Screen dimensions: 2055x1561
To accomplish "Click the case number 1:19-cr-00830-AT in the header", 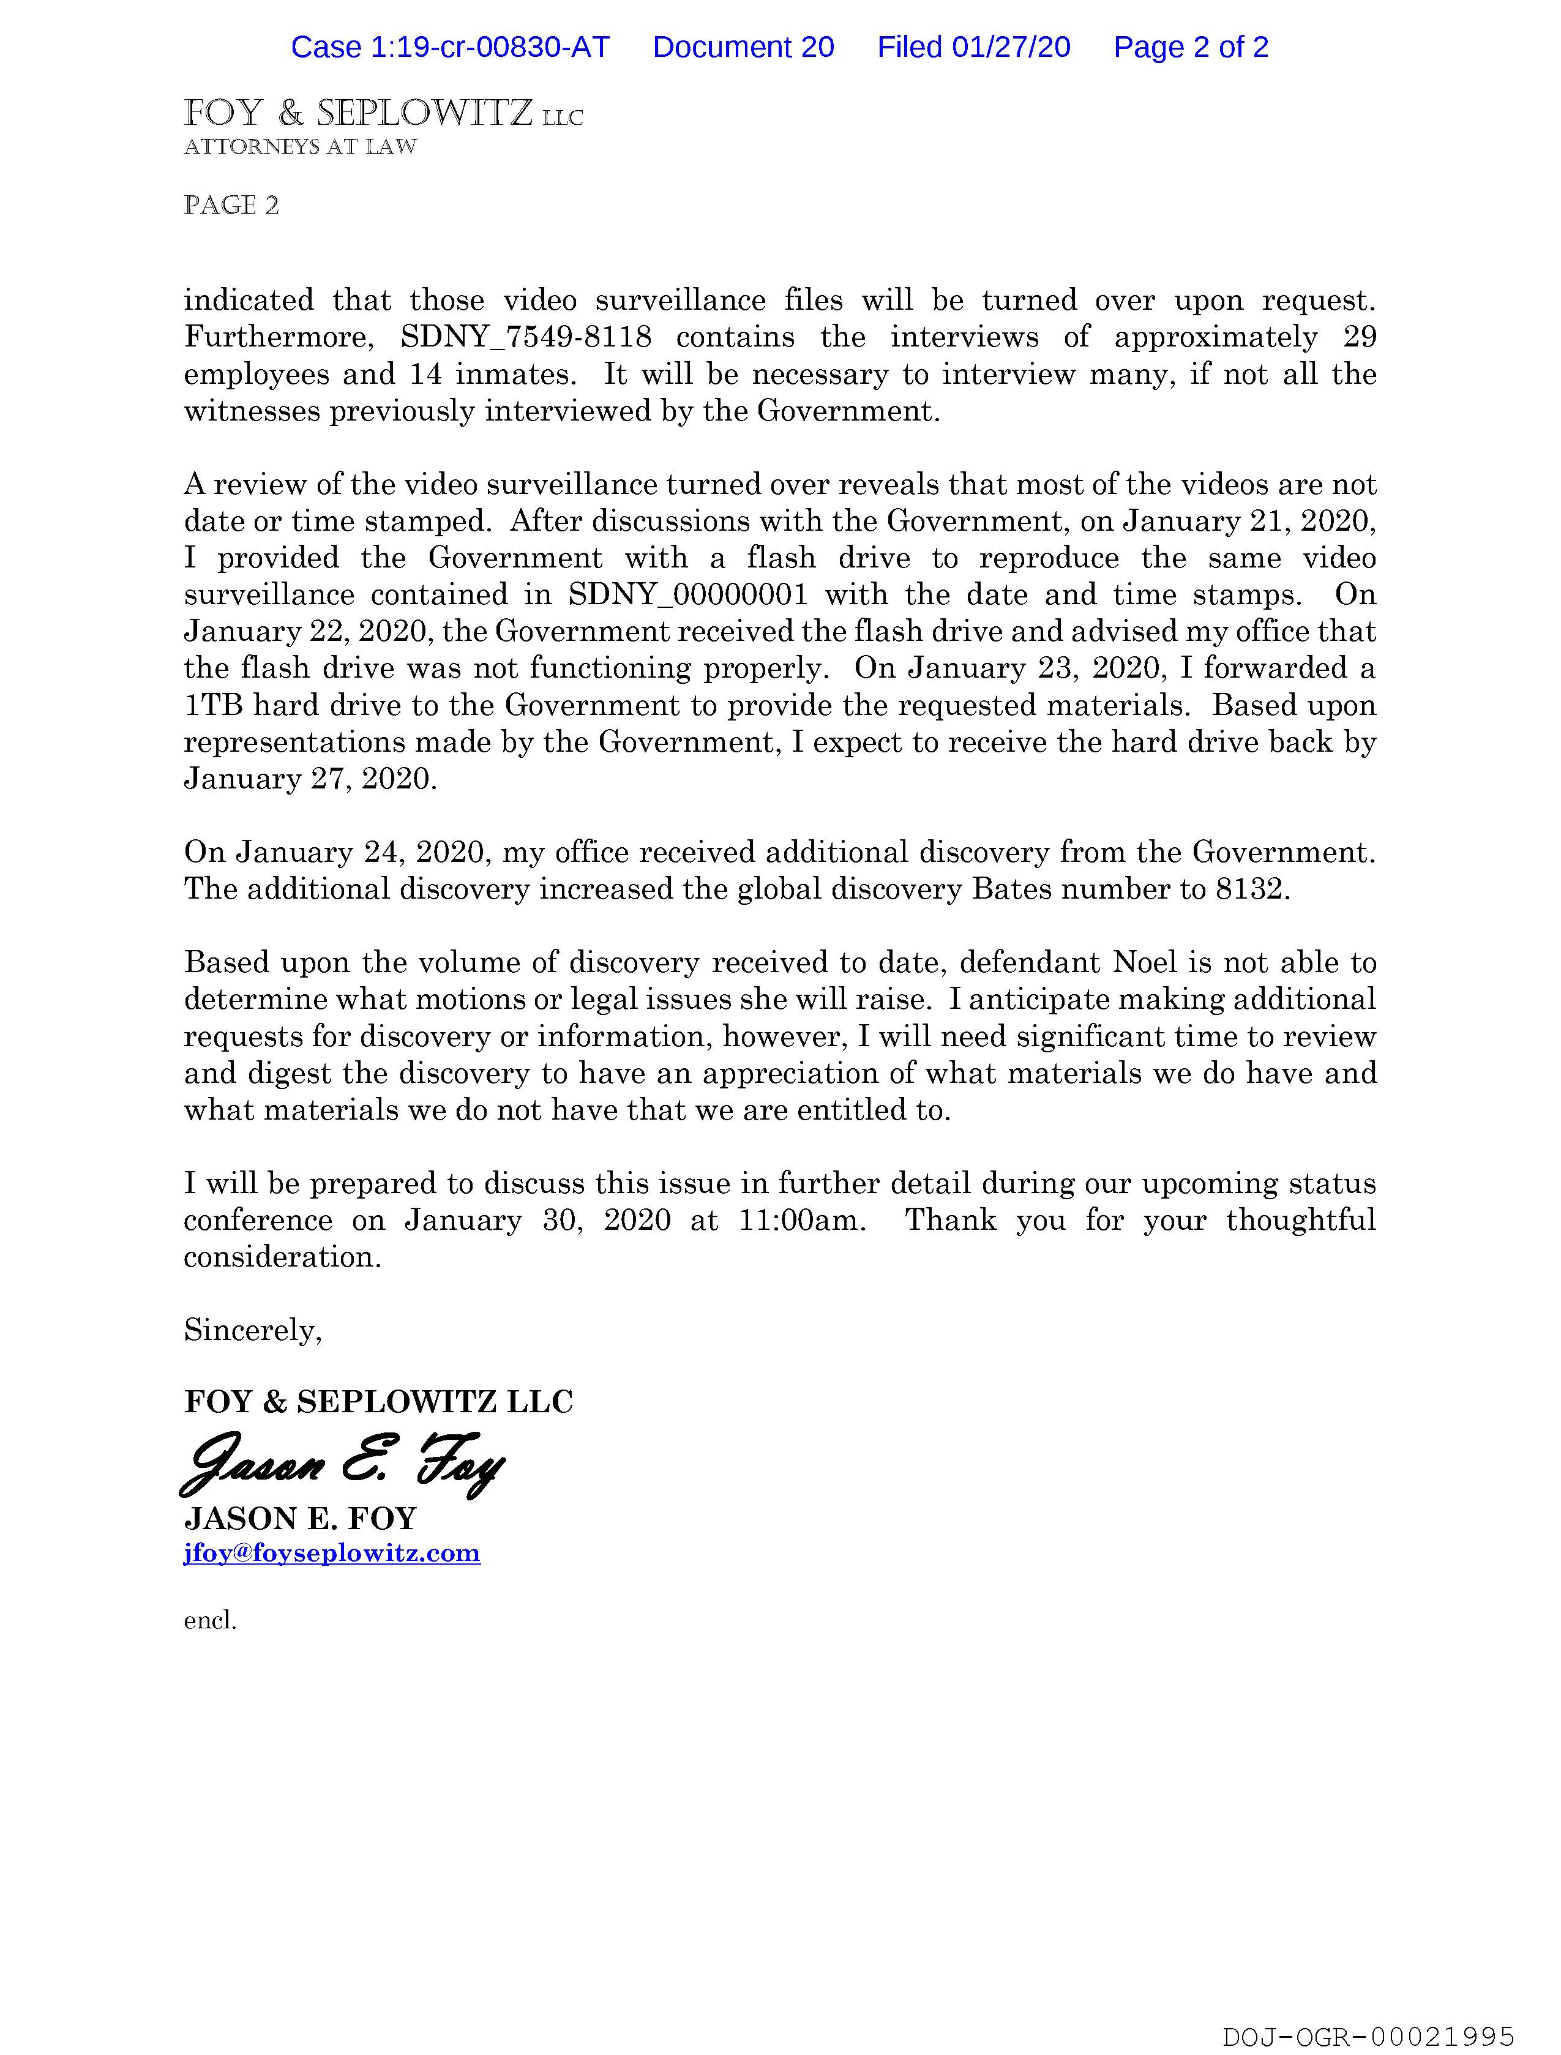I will pos(450,47).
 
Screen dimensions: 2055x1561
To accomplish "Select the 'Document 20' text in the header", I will pos(743,47).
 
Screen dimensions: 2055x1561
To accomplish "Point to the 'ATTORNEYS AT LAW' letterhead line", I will pos(300,147).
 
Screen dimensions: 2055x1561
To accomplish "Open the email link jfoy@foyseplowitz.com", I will pos(332,1552).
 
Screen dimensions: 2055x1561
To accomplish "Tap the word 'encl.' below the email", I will pos(210,1621).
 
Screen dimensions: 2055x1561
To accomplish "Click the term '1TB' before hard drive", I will pos(212,705).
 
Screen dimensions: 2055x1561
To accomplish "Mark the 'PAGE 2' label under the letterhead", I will pos(231,205).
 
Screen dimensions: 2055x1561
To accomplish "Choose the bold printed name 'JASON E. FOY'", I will pos(300,1519).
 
